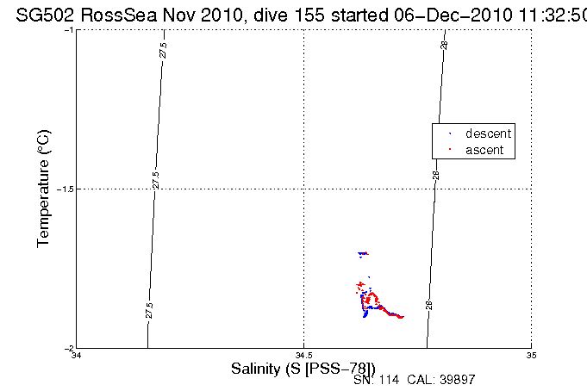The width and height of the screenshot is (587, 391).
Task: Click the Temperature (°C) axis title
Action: [45, 189]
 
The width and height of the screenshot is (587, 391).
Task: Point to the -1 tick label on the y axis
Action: [69, 30]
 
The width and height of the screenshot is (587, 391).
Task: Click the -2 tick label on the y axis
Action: [69, 348]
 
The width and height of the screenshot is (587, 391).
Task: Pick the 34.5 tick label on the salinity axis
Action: [303, 355]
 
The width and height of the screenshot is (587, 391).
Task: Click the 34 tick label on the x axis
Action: [77, 355]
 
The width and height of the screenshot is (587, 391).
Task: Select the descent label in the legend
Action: [488, 133]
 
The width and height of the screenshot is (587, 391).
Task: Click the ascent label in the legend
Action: [484, 151]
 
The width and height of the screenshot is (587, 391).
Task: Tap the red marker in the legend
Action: [450, 151]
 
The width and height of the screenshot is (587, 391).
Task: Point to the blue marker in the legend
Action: [450, 134]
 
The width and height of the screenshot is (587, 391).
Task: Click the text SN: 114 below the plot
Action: [377, 379]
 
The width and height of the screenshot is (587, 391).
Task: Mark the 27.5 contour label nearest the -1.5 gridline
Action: [155, 180]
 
